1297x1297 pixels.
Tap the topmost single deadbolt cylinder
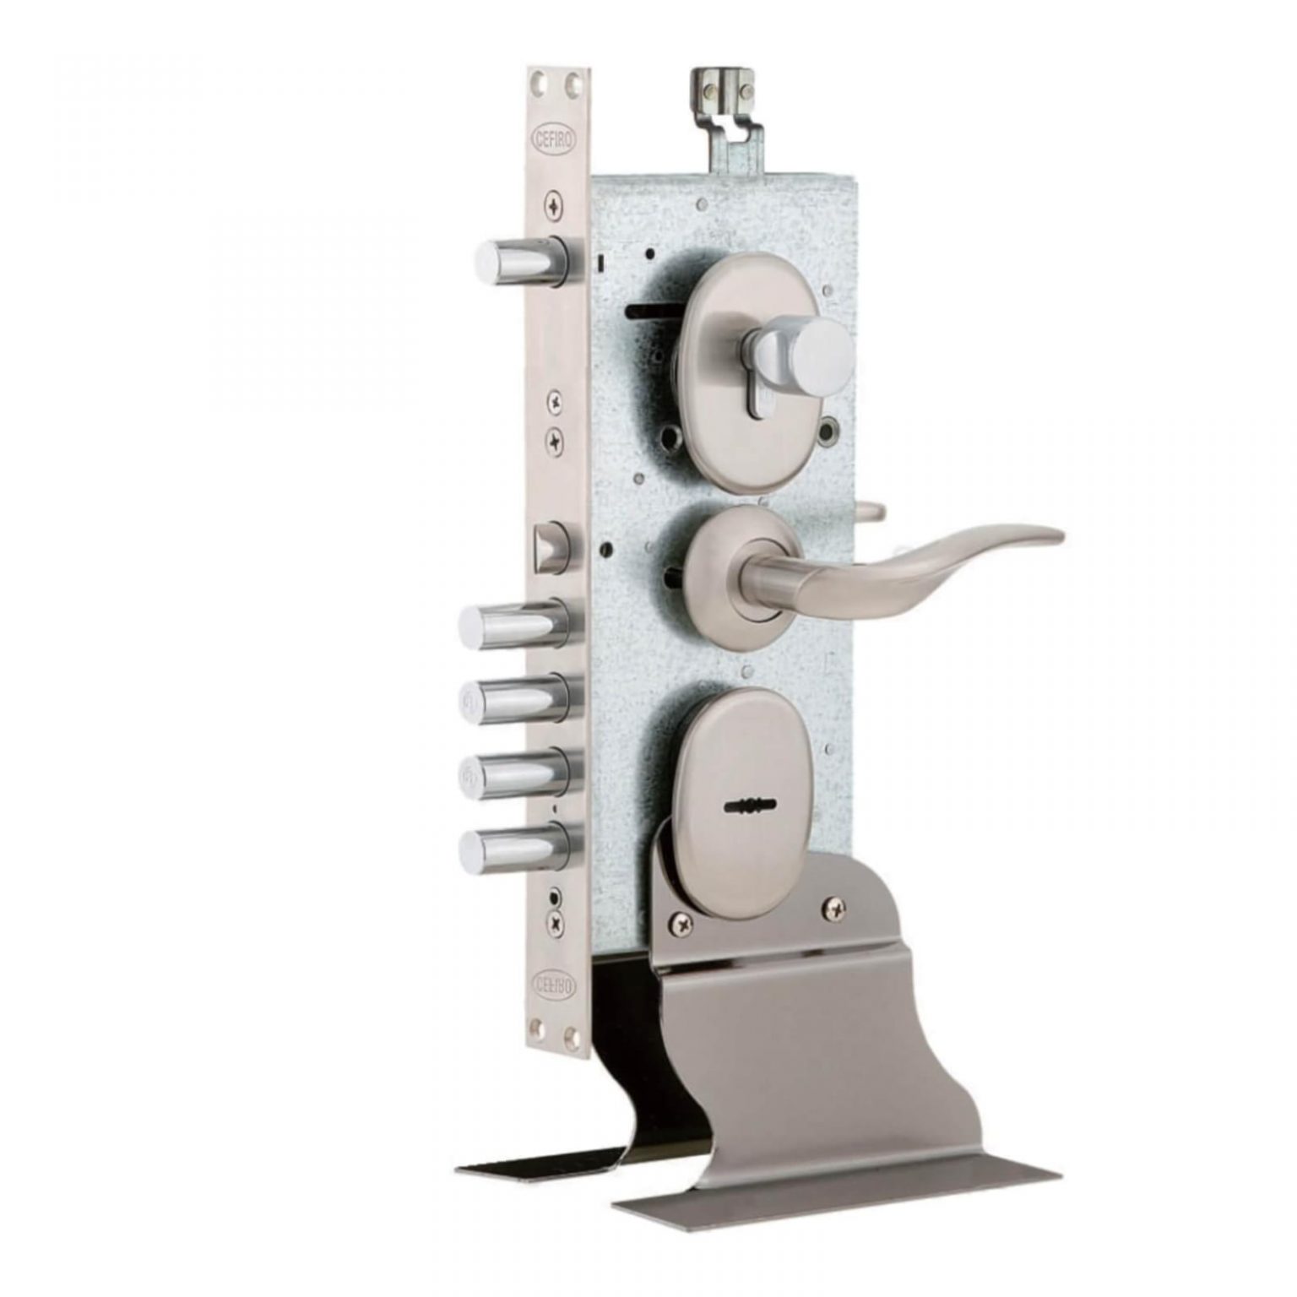[x=523, y=260]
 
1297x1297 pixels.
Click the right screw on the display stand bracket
[x=833, y=906]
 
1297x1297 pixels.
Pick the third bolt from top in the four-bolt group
[x=518, y=773]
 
